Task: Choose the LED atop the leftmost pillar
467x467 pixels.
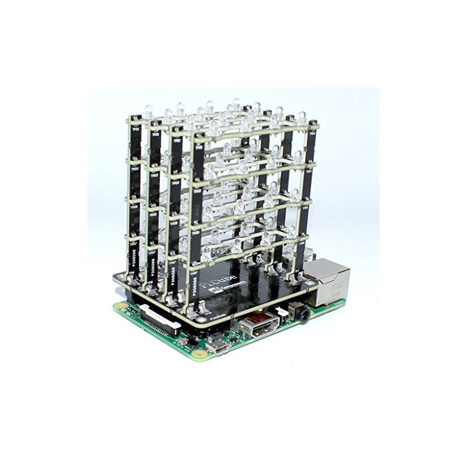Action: tap(148, 111)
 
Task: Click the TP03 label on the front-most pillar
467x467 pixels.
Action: tap(197, 191)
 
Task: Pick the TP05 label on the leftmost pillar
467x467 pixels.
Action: tap(134, 206)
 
